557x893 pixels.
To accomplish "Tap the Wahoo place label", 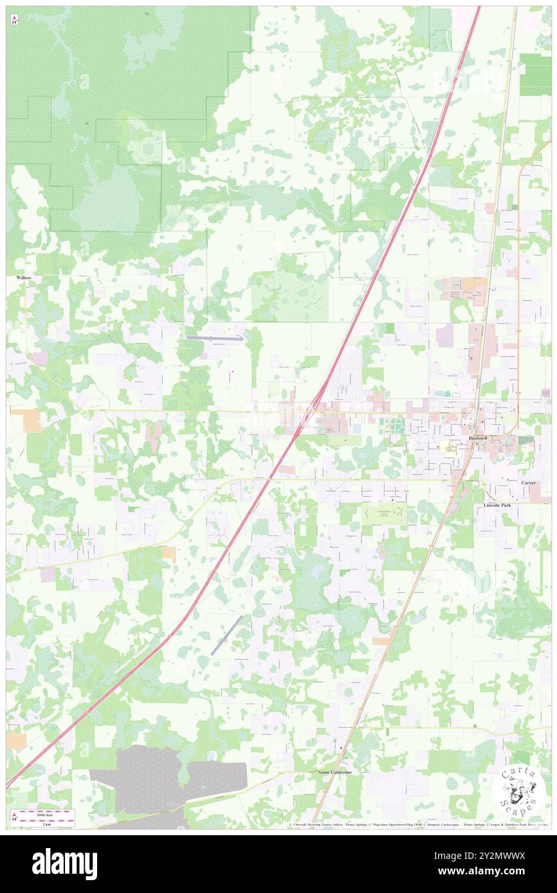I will (24, 278).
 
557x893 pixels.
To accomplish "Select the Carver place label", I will (528, 482).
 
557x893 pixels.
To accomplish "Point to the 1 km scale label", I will (44, 823).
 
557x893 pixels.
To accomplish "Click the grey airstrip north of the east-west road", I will (214, 337).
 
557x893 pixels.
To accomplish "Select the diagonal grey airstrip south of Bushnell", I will (226, 635).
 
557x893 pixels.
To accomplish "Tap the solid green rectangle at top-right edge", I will (535, 74).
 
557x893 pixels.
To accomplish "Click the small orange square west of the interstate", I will (169, 552).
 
